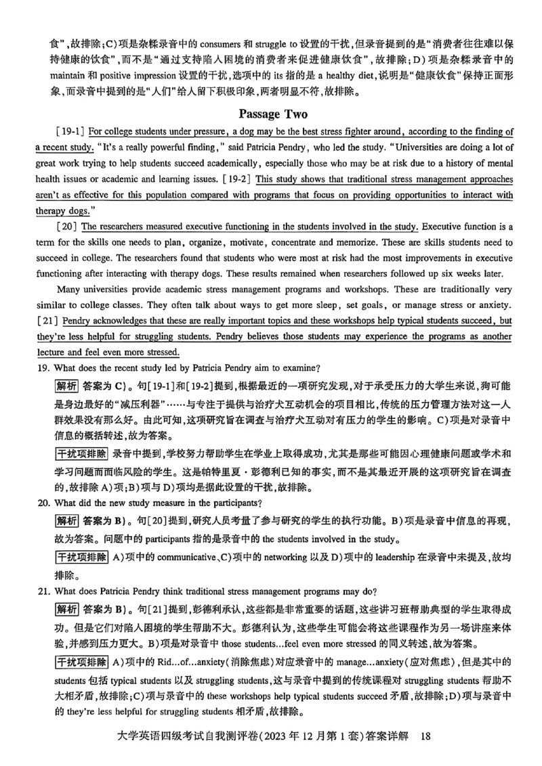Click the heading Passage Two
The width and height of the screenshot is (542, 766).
coord(272,114)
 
